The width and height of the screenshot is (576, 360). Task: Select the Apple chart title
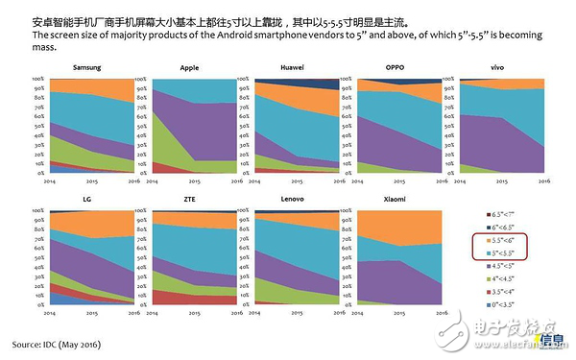pos(189,68)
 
